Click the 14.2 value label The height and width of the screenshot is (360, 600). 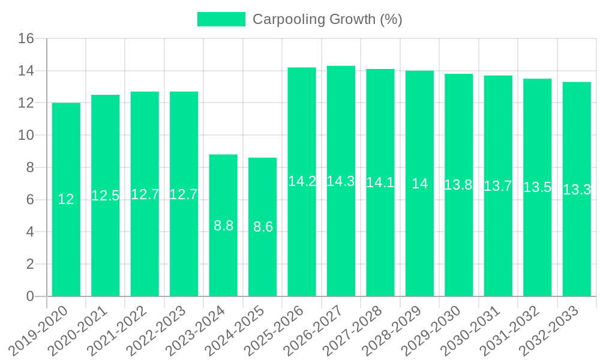point(302,181)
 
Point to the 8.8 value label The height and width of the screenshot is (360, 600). point(223,226)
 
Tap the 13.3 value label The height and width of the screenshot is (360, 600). point(577,190)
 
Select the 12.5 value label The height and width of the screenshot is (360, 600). point(105,195)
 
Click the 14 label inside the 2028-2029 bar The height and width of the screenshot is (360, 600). point(419,184)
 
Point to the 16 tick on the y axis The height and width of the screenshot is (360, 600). point(26,39)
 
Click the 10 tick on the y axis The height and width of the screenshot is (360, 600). point(26,136)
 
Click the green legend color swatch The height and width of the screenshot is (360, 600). point(221,19)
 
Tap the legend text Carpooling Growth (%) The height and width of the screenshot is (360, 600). point(327,19)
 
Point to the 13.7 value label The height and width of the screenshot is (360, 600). point(498,186)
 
